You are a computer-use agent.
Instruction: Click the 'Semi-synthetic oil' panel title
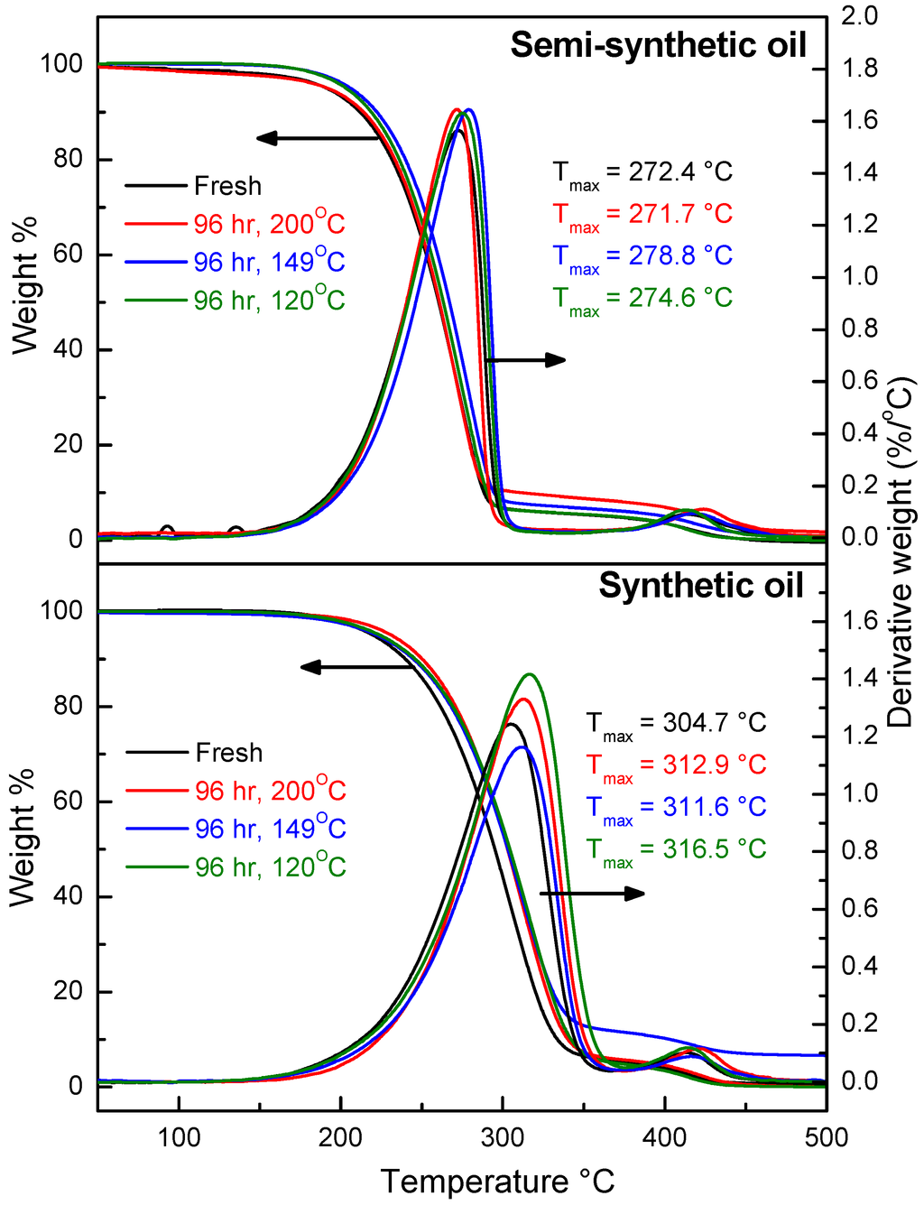[x=658, y=45]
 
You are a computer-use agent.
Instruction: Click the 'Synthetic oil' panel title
[x=700, y=586]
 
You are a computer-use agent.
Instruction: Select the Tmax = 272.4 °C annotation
[x=642, y=172]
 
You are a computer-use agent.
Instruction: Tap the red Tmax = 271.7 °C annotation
[x=642, y=215]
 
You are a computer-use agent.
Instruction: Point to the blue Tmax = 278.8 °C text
[x=642, y=256]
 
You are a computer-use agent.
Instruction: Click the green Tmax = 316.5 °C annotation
[x=676, y=849]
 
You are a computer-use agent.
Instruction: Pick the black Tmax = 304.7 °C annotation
[x=676, y=723]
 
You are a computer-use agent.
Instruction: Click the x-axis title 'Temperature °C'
[x=497, y=1181]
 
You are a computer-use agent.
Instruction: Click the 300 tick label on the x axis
[x=503, y=1137]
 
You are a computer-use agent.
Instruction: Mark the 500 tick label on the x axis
[x=826, y=1137]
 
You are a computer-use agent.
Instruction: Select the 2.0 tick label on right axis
[x=859, y=16]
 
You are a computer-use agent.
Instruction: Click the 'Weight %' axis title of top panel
[x=25, y=284]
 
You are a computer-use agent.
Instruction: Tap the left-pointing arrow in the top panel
[x=316, y=138]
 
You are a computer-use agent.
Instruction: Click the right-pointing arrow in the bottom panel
[x=593, y=894]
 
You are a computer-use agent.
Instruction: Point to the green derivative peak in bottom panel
[x=530, y=674]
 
